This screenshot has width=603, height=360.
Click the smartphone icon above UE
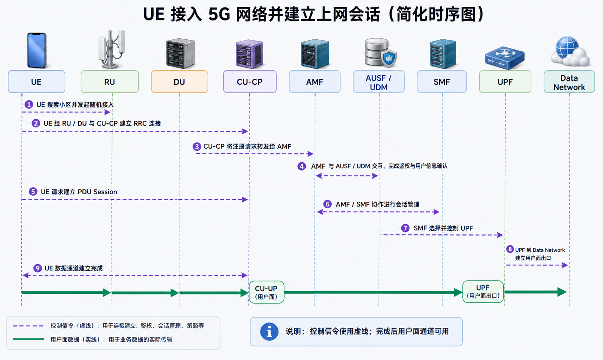37,51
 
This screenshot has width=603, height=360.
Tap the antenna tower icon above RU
111,49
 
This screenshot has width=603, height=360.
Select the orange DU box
180,82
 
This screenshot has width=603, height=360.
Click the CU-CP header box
250,82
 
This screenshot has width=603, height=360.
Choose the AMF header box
314,82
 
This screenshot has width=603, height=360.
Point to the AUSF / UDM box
378,82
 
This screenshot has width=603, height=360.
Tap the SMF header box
442,82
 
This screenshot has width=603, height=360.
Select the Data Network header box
569,82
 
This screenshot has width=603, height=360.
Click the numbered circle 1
29,104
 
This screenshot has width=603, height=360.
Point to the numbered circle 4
301,166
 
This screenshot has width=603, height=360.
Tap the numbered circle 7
405,228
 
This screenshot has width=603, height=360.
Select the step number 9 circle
38,268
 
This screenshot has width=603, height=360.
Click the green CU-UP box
267,292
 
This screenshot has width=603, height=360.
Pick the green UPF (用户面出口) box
483,292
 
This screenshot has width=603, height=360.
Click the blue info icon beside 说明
269,331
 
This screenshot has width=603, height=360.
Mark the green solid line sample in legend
28,339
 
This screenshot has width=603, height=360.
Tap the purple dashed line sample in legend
28,326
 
